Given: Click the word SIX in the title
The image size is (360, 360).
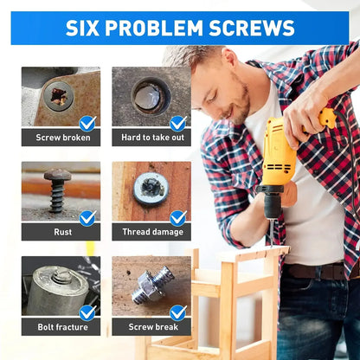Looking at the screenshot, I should tap(88, 28).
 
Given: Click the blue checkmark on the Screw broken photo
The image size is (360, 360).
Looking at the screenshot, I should tap(87, 123).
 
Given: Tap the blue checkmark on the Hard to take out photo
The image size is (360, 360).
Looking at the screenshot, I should tap(178, 123).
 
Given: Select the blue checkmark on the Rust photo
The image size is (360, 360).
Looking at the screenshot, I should tap(87, 217).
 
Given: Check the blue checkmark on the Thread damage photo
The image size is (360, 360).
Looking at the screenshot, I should tap(178, 217).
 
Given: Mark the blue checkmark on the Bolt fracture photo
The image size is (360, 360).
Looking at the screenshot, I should tap(87, 312).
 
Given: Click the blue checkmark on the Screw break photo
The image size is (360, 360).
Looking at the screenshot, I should tap(178, 312).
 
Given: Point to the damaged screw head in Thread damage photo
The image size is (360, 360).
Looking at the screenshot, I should tap(151, 188).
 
